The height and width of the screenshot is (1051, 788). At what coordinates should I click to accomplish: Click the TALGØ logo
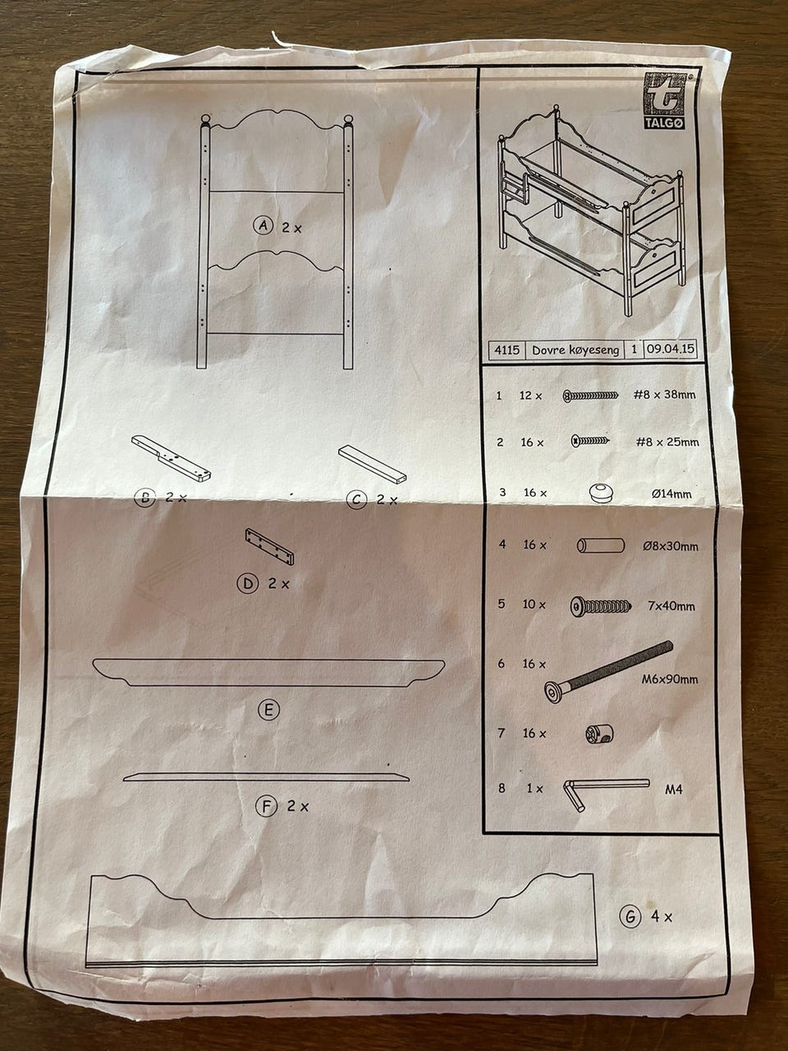tap(663, 100)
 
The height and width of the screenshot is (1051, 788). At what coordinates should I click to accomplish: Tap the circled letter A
tap(263, 225)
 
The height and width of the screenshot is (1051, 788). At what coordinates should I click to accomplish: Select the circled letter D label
tap(248, 583)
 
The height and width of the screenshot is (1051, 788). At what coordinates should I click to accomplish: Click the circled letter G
tap(630, 916)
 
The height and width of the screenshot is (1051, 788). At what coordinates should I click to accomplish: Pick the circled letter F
tap(266, 806)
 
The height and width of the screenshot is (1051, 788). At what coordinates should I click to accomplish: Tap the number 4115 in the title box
tap(506, 350)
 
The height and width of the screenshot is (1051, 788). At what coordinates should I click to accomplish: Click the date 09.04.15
tap(670, 348)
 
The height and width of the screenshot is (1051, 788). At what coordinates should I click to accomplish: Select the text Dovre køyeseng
tap(575, 350)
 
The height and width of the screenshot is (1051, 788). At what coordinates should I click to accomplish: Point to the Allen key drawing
tap(606, 794)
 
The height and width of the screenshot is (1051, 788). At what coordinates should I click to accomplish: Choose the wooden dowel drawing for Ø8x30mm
tap(601, 545)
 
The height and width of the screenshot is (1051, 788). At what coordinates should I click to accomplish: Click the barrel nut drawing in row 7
tap(599, 733)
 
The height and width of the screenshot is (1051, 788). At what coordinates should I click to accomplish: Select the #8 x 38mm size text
tap(664, 395)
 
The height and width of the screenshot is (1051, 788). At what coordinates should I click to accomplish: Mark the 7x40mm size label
tap(671, 606)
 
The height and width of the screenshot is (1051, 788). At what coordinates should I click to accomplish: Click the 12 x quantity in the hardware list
tap(530, 396)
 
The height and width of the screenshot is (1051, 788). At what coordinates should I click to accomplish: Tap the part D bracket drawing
tap(270, 547)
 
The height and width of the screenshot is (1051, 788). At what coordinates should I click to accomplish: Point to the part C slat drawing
tap(372, 463)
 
